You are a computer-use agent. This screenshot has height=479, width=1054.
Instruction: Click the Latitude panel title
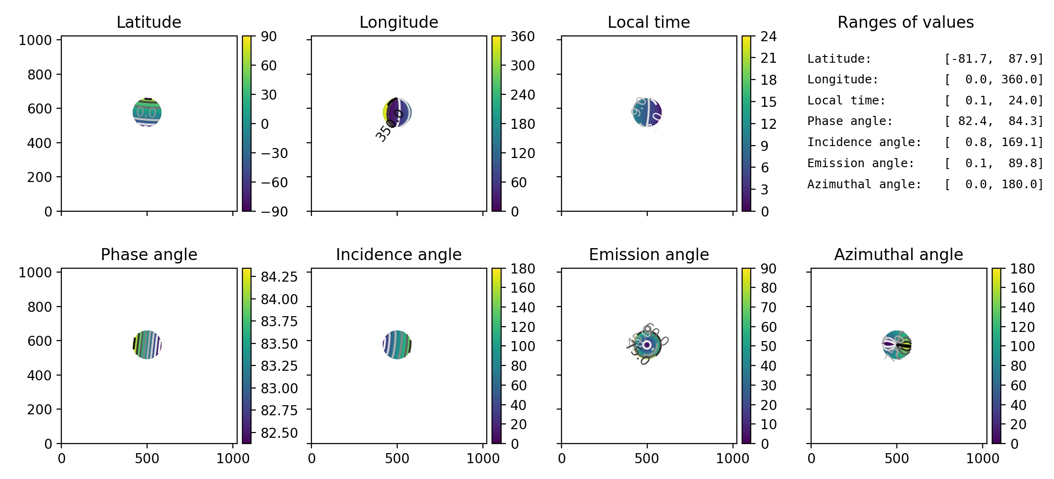149,22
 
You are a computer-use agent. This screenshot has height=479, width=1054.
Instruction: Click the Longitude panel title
399,22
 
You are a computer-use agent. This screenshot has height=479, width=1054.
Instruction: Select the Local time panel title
649,22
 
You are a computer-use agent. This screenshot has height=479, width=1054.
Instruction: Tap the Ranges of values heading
905,22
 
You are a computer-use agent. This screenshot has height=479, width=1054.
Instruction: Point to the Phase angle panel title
149,254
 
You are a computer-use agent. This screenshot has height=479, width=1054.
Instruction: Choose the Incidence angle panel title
399,254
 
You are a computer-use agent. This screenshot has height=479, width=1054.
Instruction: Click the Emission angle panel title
649,254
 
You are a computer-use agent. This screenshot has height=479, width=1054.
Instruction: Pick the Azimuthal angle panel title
898,254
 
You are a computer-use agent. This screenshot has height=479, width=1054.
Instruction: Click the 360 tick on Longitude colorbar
522,36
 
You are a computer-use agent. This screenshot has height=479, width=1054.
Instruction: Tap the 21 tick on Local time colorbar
768,58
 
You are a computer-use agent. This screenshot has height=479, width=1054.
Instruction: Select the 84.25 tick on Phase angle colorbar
279,277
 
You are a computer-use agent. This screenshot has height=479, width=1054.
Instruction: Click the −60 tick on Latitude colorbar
274,182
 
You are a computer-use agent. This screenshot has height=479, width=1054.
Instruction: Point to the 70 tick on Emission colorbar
768,308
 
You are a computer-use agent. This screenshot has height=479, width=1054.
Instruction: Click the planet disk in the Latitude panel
147,113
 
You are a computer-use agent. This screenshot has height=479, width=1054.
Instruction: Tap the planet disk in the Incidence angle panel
397,344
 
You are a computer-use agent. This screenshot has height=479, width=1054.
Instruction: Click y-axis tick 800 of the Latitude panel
39,75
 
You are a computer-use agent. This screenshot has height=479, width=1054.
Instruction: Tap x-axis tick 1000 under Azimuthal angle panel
982,458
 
